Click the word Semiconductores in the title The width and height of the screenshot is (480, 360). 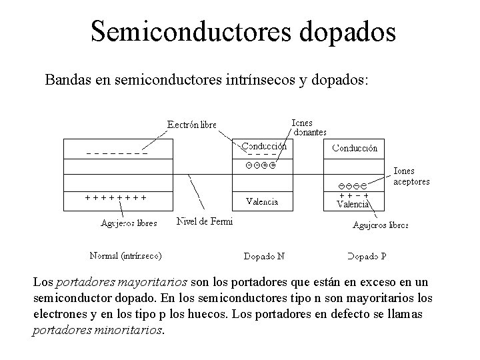coord(170,31)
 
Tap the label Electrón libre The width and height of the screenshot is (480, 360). coord(191,125)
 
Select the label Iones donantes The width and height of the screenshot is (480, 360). coord(309,127)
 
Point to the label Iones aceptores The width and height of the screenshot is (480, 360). coord(412,176)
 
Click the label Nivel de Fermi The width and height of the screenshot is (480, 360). coord(205,221)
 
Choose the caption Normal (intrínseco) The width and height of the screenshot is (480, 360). coord(125,255)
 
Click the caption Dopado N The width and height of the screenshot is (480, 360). coord(264,256)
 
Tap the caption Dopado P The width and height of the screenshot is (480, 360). coord(367,256)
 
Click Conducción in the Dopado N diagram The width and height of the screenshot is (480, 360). coord(264,146)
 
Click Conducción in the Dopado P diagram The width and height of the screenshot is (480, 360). coord(355,148)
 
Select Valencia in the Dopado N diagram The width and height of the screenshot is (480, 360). coord(262,201)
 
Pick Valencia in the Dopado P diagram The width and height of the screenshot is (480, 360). coord(353,205)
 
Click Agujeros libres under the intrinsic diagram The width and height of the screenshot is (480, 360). coord(129,223)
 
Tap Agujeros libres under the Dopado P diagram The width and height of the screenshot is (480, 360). coord(381,225)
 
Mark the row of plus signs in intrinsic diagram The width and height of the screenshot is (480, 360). coord(115,197)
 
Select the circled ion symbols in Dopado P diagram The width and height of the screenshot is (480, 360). coord(353,185)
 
